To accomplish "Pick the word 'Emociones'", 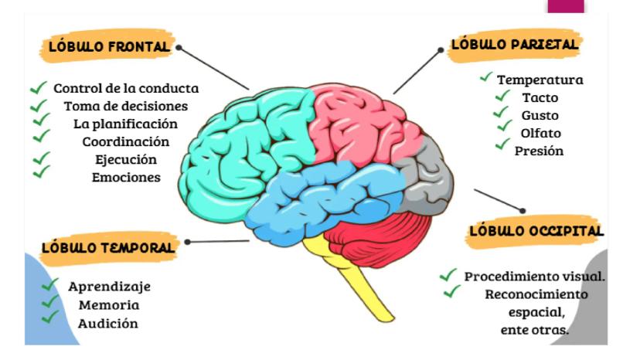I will click(125, 177).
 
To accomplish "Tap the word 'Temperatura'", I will click(540, 80).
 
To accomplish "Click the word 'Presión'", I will click(540, 151).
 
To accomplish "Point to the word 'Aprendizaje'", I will click(109, 287).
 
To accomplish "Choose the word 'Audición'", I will click(108, 323).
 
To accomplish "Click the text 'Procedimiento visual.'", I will click(535, 277).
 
